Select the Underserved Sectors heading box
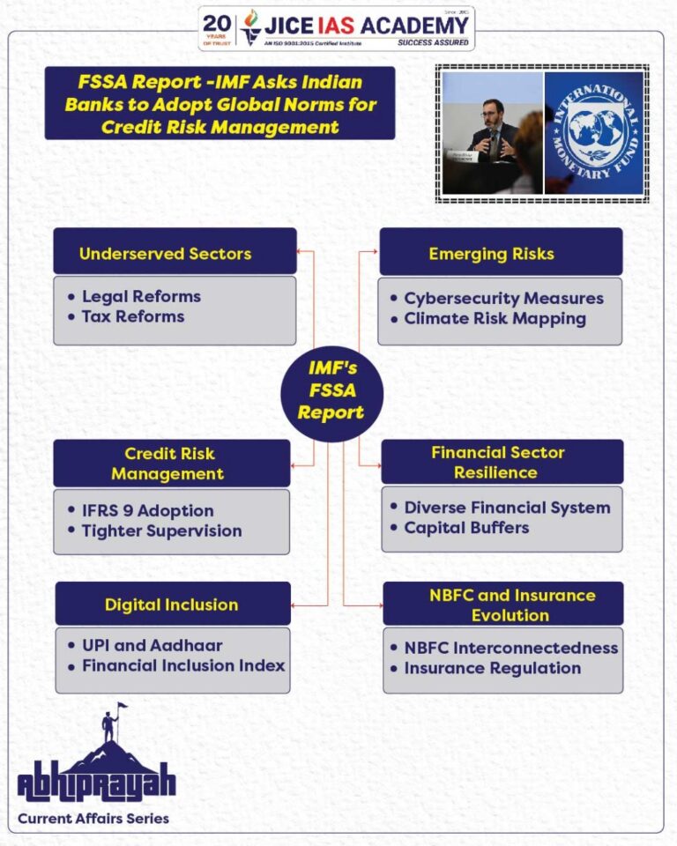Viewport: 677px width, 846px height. tap(175, 253)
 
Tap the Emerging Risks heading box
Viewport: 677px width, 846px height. tap(500, 253)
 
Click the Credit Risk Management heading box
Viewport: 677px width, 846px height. tap(171, 464)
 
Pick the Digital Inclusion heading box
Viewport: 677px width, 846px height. tap(172, 605)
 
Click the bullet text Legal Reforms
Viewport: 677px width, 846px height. tap(141, 296)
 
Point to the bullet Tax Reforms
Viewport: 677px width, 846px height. tap(133, 316)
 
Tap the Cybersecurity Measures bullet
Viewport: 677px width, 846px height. tap(503, 298)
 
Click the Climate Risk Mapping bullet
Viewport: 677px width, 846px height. tap(495, 318)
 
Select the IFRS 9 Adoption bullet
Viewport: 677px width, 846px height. tap(147, 510)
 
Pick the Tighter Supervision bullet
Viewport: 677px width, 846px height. tap(161, 531)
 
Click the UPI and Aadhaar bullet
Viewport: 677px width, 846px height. tap(152, 645)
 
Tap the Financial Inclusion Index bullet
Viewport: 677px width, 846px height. tap(183, 665)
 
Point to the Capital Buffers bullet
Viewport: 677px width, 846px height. tap(466, 528)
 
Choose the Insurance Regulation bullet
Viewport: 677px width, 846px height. tap(492, 668)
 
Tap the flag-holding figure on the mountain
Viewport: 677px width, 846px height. tap(111, 723)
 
